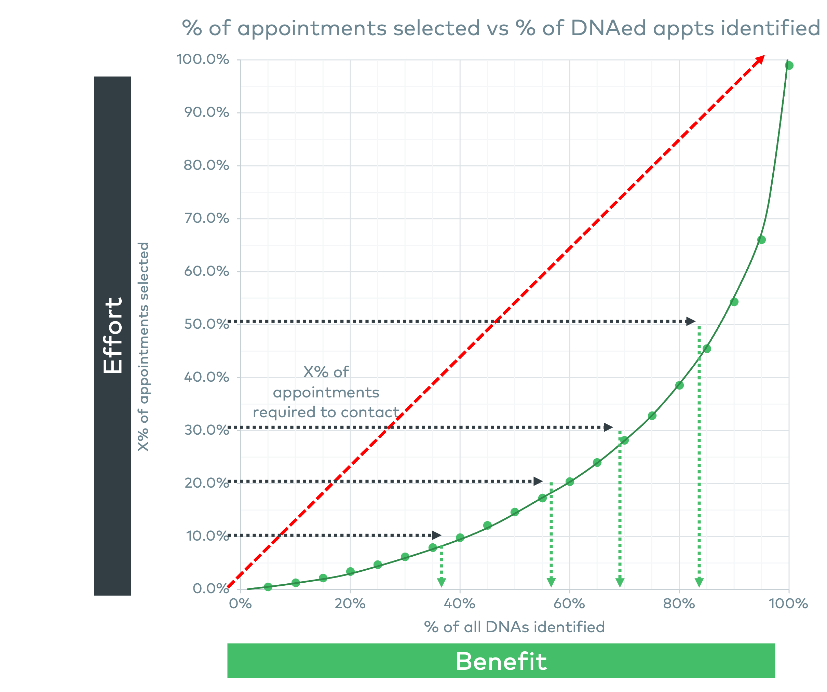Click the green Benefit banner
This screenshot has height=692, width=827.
point(501,661)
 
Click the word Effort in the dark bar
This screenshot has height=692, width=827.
point(113,335)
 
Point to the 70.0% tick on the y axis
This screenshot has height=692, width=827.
point(206,218)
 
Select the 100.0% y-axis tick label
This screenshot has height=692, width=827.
point(202,59)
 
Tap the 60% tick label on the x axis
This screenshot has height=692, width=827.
point(569,604)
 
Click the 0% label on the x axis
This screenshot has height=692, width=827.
point(240,604)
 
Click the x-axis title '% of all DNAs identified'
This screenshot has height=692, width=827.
point(514,627)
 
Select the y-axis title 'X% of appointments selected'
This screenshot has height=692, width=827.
point(143,347)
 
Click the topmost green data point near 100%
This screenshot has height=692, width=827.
point(789,65)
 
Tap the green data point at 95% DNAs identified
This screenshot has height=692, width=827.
point(762,240)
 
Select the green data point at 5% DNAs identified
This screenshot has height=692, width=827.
point(268,587)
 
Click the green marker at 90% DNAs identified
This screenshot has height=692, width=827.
point(734,302)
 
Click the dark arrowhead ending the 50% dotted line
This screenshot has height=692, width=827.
point(690,321)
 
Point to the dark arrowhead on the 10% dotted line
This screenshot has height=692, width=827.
point(437,535)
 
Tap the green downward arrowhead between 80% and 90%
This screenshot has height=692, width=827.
point(699,583)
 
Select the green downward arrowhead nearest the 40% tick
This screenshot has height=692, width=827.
point(442,583)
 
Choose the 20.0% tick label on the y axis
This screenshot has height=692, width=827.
point(206,483)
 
